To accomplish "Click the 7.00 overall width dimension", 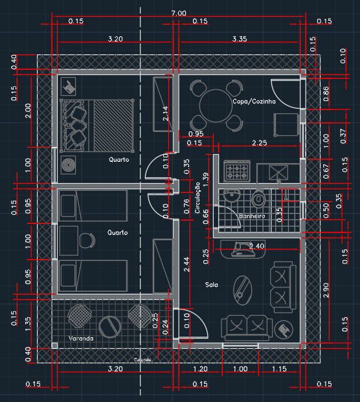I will [179, 14].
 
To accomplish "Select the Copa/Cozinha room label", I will [254, 102].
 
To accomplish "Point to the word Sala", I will [211, 285].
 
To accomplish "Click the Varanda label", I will [81, 339].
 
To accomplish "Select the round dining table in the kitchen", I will [216, 106].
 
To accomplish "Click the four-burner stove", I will [237, 172].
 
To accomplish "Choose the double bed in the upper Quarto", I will [98, 124].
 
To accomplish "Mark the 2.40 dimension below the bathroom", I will [256, 246].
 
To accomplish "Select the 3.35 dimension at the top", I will [239, 39].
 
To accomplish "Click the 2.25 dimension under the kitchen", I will [260, 143].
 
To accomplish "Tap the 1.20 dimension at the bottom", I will [200, 369].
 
